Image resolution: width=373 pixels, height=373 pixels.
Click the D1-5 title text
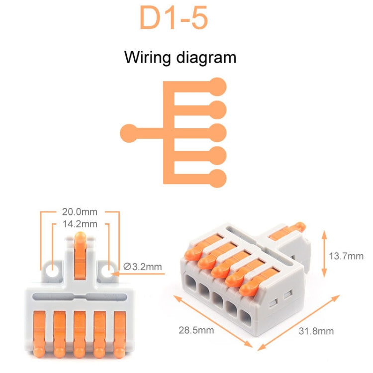point(173,19)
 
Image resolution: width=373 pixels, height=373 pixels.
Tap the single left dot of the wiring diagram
point(128,132)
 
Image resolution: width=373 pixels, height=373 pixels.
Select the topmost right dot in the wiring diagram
point(217,87)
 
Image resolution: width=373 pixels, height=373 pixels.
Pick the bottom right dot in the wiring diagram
point(217,178)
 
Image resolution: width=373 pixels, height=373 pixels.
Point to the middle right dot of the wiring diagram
point(217,132)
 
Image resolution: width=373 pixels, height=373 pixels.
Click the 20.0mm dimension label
point(80,212)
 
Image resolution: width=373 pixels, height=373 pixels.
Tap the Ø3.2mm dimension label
point(143,267)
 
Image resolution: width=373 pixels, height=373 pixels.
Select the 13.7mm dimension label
point(346,256)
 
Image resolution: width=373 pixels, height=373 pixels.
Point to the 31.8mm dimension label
point(317,331)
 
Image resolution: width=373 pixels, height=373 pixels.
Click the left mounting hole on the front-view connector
point(51,271)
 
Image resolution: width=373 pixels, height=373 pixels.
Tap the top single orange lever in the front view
point(80,254)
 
